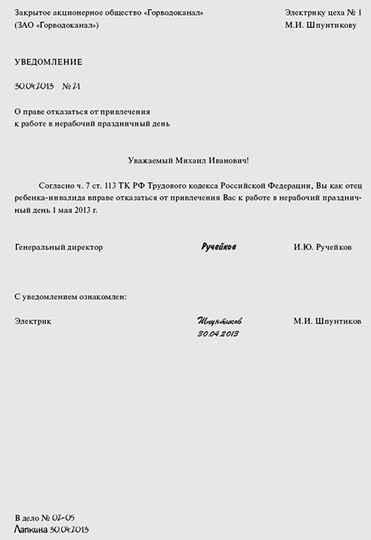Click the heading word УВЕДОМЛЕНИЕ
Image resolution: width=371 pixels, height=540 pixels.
click(49, 62)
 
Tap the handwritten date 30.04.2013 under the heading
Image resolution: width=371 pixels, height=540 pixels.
click(35, 86)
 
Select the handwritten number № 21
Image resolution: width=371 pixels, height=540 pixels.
click(71, 86)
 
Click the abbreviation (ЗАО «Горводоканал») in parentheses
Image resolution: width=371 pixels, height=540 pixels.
click(57, 26)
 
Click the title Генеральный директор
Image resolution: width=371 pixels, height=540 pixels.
click(59, 247)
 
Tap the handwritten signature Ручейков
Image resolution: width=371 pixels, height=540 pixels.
click(218, 247)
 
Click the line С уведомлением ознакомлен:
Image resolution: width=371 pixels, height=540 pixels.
click(71, 296)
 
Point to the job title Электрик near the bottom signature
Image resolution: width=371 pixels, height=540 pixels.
click(33, 321)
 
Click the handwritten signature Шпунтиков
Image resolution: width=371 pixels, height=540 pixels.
click(220, 320)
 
